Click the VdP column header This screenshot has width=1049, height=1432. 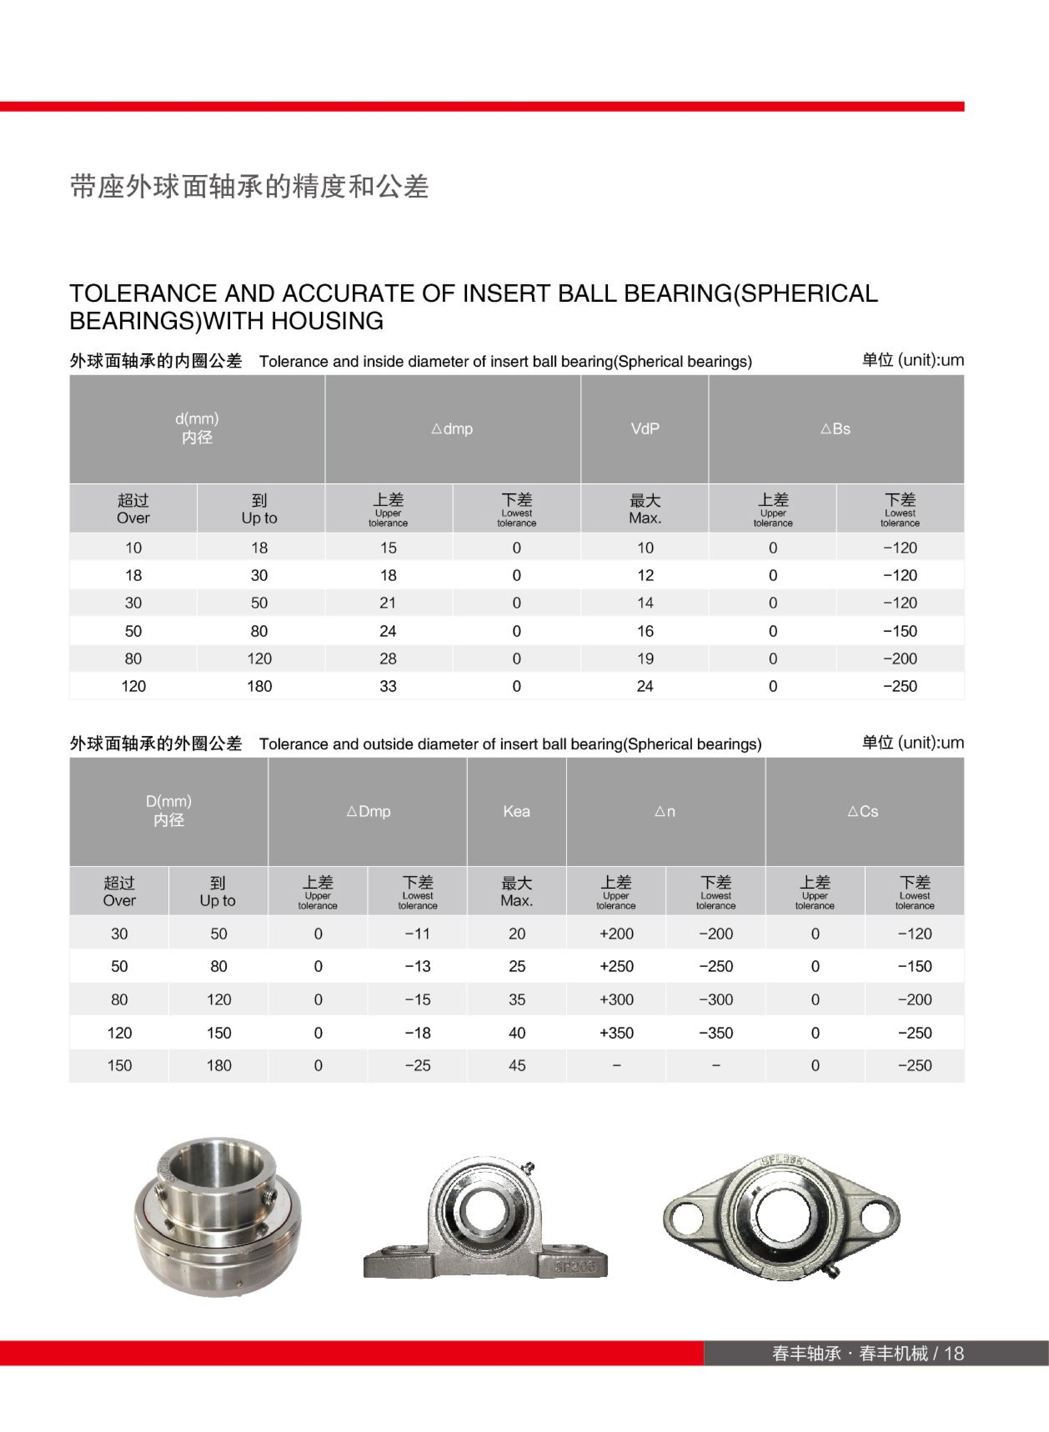coord(645,429)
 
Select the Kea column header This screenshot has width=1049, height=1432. coord(516,811)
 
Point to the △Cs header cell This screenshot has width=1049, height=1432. coord(863,811)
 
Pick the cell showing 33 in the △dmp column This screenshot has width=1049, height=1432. coord(388,686)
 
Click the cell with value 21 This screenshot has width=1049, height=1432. coord(388,603)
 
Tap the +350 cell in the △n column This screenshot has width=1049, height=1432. coord(616,1033)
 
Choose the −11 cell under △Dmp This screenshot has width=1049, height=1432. coord(417,934)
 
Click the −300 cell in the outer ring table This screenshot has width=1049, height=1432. coord(716,1000)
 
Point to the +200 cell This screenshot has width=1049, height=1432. coord(616,934)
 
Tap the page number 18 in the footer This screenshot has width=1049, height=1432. coord(954,1353)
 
